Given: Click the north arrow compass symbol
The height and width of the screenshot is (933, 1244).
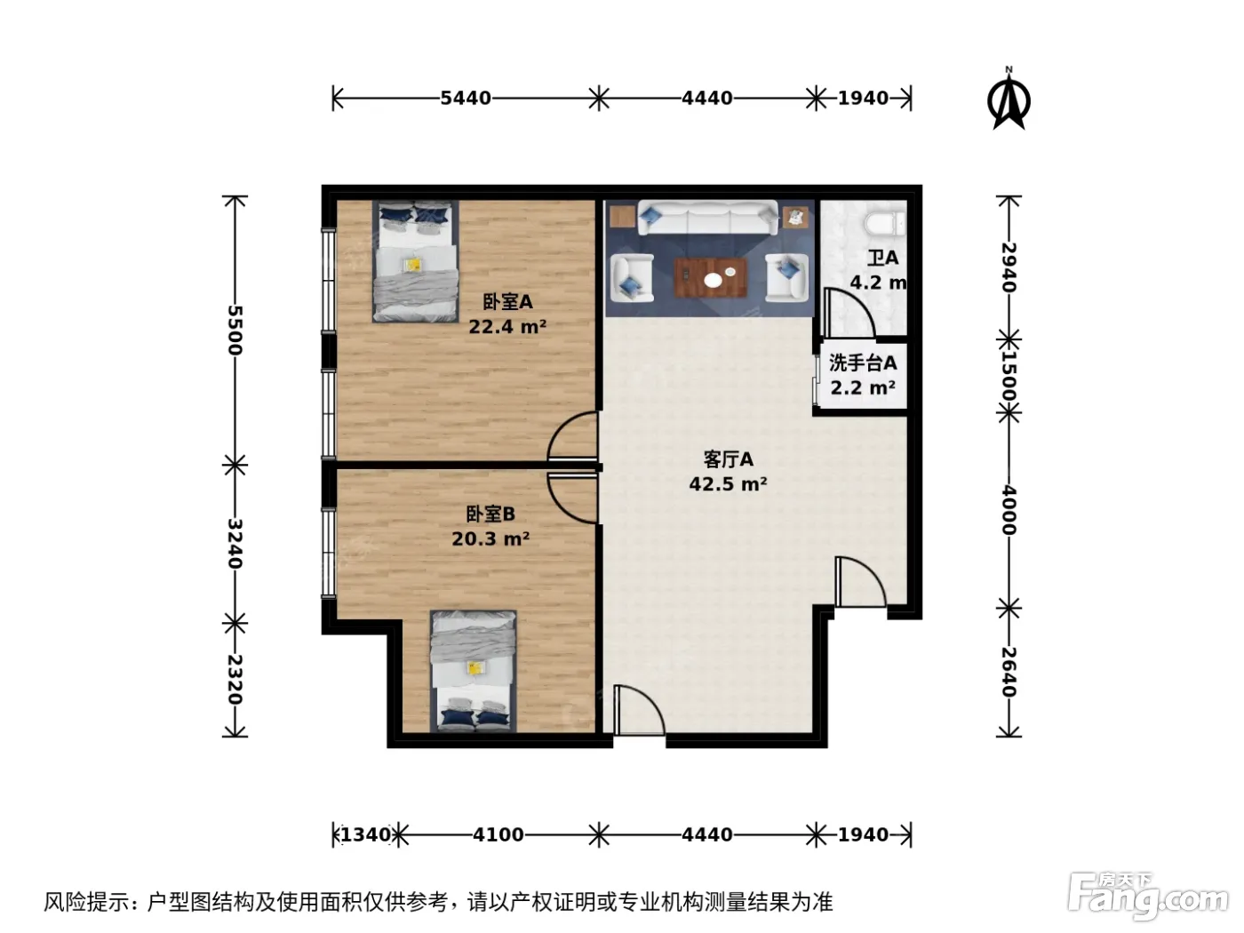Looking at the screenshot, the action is [x=1009, y=100].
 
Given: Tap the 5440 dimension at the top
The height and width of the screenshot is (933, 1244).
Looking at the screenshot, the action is [x=466, y=99].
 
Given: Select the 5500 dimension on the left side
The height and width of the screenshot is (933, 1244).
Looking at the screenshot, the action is [x=235, y=331].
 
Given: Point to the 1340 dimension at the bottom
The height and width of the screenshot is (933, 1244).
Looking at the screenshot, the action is [x=365, y=835].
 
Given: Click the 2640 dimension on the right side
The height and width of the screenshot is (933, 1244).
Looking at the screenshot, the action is [x=1009, y=672].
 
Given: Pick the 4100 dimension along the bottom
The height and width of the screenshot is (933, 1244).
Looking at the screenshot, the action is [x=498, y=835].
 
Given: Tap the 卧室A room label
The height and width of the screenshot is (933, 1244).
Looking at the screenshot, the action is [x=507, y=302].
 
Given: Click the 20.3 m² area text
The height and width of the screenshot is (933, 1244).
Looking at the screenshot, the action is [x=490, y=538].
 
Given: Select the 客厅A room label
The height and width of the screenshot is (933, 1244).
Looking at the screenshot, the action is [x=729, y=459].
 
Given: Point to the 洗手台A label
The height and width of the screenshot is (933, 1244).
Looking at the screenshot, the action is [x=863, y=363].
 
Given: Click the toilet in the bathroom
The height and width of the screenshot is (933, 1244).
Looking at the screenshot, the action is [x=885, y=223].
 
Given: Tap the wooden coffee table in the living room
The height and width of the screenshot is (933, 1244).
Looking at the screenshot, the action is [x=711, y=277].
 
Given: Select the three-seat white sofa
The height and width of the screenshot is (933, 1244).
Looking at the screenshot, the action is [x=708, y=217].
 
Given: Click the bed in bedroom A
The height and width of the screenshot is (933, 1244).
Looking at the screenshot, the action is [x=416, y=261].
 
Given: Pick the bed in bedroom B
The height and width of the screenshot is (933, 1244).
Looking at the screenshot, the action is [x=474, y=672].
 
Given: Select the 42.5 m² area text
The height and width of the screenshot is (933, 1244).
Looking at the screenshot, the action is [x=729, y=484].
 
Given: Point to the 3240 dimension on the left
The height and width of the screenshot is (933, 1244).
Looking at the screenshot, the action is [x=235, y=543].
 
